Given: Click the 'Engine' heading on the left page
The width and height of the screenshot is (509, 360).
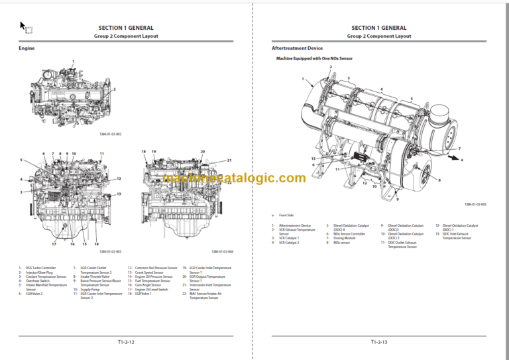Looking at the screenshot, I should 27,48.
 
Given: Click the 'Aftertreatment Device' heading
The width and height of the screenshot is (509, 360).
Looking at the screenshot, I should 297,48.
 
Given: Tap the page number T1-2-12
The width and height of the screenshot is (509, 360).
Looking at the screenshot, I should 126,342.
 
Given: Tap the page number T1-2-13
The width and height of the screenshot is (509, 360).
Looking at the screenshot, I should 380,342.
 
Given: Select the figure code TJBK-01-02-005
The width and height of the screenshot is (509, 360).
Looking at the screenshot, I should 475,205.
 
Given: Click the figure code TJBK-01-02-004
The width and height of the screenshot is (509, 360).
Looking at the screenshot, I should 222,252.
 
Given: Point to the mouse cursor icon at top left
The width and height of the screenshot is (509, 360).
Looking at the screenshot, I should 23,27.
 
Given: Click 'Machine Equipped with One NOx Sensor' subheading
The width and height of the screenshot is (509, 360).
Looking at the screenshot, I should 316,59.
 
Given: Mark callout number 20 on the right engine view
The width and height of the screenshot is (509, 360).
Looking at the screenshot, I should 202,151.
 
